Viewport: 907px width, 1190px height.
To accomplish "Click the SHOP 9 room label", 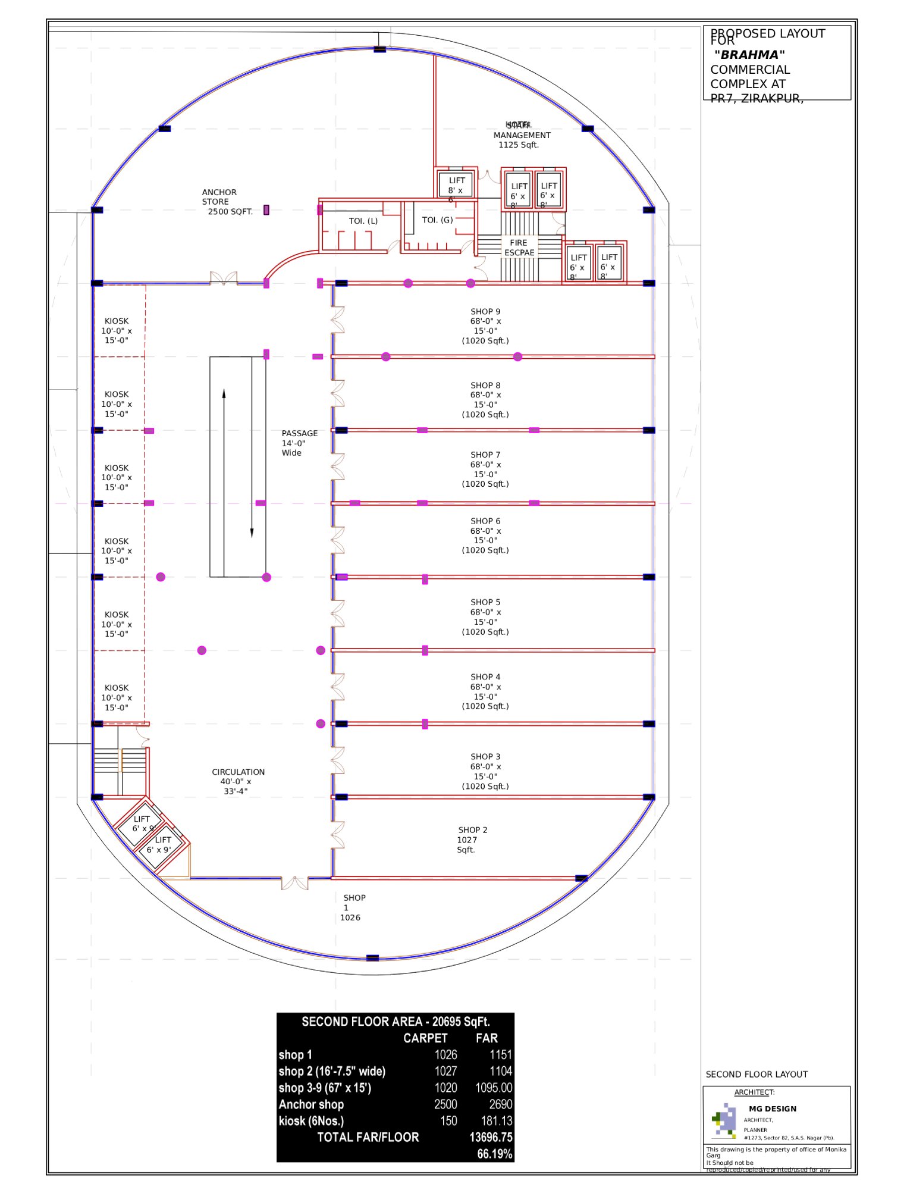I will tap(485, 326).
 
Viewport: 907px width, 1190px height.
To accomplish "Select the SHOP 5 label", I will tap(485, 617).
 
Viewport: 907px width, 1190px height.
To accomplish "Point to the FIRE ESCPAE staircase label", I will tap(519, 248).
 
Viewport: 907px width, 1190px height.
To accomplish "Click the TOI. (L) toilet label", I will tap(363, 221).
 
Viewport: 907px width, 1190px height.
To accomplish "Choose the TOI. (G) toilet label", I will tap(437, 220).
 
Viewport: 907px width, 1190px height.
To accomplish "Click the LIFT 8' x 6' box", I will tap(456, 184).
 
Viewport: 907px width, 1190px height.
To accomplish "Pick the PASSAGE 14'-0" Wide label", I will tap(299, 443).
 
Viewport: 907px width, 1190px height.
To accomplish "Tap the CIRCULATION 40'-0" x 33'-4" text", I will tap(238, 781).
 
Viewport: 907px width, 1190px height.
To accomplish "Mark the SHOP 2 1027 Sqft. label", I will tap(472, 840).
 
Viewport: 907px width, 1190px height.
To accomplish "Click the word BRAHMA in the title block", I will tap(749, 55).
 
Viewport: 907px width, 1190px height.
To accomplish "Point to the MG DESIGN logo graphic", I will tap(724, 1120).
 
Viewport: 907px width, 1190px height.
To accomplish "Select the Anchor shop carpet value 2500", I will tap(445, 1104).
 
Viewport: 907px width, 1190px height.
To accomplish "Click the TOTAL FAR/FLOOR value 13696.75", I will tap(491, 1138).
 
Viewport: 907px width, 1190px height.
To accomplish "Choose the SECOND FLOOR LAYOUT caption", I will tap(756, 1074).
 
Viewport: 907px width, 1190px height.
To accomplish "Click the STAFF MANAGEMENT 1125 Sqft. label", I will tap(521, 135).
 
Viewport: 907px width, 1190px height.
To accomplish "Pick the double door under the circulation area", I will tap(294, 883).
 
